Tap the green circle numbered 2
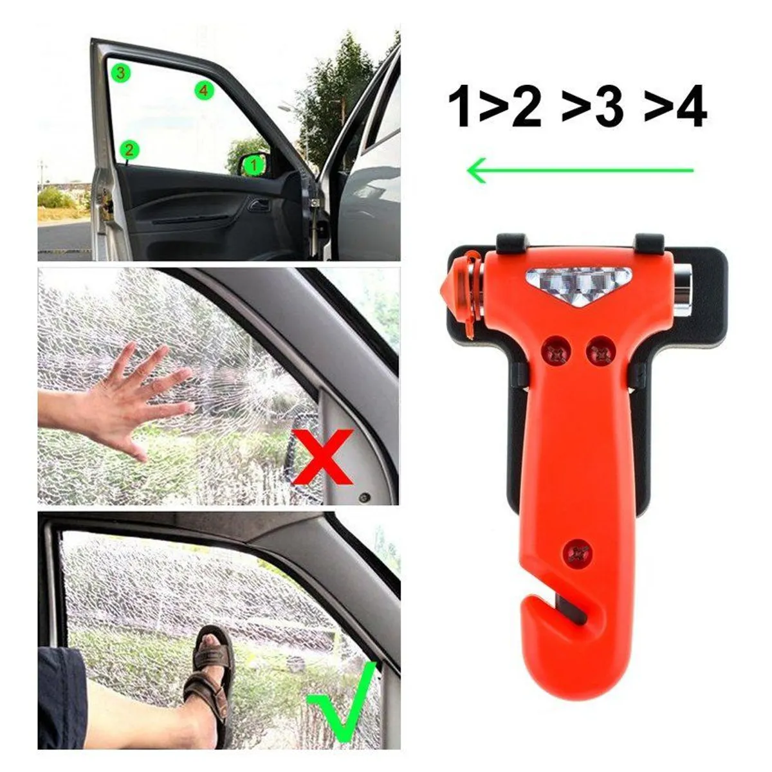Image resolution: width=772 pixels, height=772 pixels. coord(129,151)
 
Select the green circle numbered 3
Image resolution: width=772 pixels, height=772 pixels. coord(120,72)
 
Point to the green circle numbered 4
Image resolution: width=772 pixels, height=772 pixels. coord(203,91)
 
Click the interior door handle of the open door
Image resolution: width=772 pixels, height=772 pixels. coord(258,206)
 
